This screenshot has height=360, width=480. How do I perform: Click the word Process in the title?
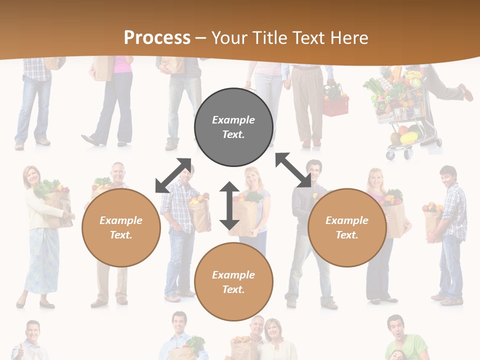(x=157, y=38)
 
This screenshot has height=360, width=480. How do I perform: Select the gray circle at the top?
(x=233, y=127)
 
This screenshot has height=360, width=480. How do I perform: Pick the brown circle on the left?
(x=121, y=227)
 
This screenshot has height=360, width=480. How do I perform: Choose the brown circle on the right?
(x=347, y=227)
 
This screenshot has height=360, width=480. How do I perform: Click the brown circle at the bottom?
(x=233, y=282)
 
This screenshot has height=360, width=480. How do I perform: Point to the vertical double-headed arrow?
(x=229, y=205)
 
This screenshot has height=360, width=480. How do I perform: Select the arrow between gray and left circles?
(x=173, y=175)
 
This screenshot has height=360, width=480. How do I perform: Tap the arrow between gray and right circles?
(x=293, y=170)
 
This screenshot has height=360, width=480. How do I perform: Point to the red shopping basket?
(x=335, y=105)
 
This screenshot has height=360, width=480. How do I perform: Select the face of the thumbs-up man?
(x=32, y=332)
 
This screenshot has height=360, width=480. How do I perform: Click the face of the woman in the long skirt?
(x=31, y=176)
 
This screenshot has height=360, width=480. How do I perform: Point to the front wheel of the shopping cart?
(x=390, y=155)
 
